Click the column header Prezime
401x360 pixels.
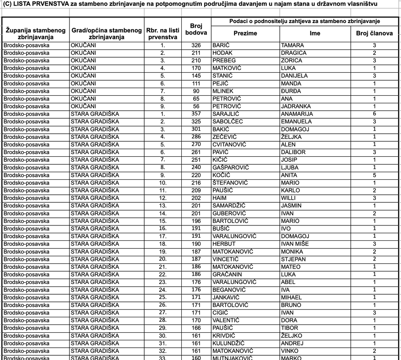[x=245, y=33]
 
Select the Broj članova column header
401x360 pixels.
[x=374, y=33]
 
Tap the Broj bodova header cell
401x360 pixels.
[x=196, y=29]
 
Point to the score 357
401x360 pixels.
[x=196, y=114]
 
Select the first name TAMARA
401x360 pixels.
[x=292, y=45]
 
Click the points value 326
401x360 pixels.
[x=196, y=45]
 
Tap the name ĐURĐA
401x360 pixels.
[x=291, y=91]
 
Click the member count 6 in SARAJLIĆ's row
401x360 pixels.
[x=374, y=114]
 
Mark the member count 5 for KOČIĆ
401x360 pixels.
[x=374, y=175]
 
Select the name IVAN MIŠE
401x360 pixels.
[x=295, y=244]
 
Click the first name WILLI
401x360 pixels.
[x=288, y=198]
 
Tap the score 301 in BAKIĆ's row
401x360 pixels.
[x=196, y=129]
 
